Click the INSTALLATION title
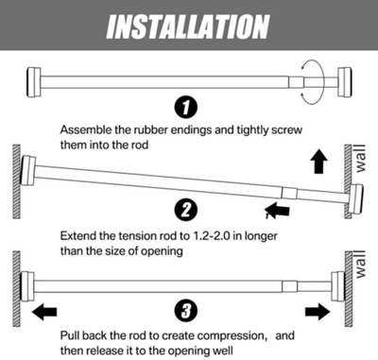[x=189, y=24]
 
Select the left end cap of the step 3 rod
[x=28, y=280]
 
